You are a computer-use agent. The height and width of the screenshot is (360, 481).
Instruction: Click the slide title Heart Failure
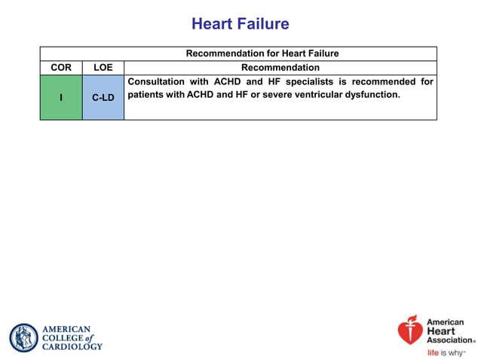(x=240, y=24)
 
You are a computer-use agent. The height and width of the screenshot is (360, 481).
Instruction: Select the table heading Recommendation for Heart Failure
(x=262, y=53)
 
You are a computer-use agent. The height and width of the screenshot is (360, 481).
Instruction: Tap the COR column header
(x=61, y=68)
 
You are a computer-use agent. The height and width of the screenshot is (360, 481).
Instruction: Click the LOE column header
(x=103, y=68)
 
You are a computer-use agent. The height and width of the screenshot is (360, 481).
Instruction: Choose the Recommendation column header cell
(x=280, y=68)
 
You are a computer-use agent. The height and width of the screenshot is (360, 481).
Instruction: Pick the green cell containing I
(x=61, y=97)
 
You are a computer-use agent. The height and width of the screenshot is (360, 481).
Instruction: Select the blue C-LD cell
(x=103, y=97)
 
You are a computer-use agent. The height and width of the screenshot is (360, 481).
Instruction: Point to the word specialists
(x=311, y=81)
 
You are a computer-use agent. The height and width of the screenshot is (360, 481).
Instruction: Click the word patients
(x=148, y=95)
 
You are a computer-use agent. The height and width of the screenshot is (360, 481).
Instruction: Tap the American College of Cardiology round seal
(x=23, y=337)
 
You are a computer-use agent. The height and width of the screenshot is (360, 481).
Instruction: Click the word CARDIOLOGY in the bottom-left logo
(x=72, y=346)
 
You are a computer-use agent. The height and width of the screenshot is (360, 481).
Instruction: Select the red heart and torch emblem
(x=411, y=330)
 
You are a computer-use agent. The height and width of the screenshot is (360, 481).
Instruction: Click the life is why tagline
(x=446, y=352)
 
